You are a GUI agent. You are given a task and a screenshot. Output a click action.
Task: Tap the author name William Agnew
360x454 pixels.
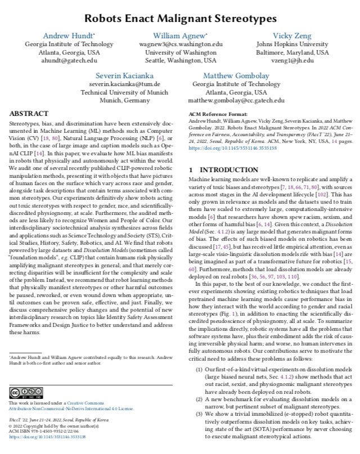pos(179,35)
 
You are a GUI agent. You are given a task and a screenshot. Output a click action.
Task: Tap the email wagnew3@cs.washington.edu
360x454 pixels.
pos(180,44)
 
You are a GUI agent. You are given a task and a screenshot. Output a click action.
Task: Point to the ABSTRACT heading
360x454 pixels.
pos(29,113)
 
